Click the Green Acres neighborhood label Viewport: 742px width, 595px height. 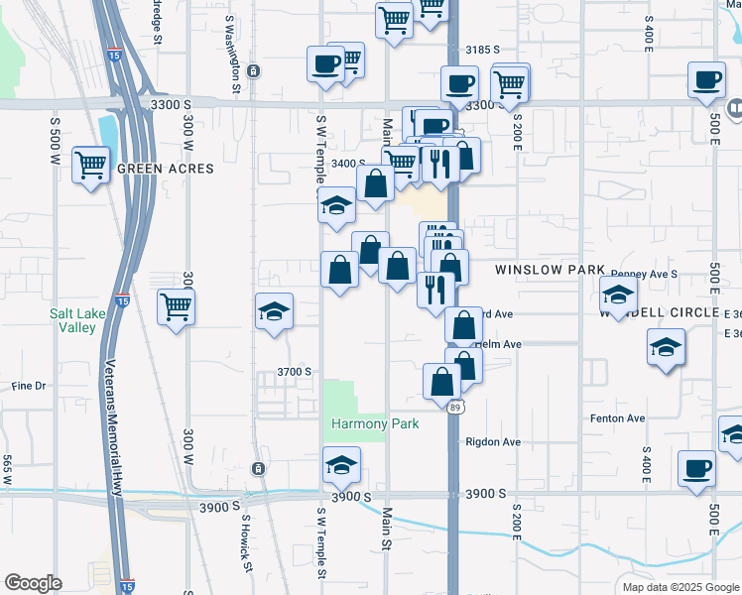pos(166,169)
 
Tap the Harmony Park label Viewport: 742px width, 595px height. pos(375,423)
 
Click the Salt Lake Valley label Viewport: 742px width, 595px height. pos(73,320)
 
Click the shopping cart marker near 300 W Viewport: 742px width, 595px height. pos(176,307)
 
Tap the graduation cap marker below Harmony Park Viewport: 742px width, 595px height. pos(341,465)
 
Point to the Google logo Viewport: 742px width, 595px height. pos(33,583)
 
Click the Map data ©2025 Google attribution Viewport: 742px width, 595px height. pos(680,587)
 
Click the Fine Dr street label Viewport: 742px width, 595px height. pos(29,386)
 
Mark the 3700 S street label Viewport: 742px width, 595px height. pos(295,372)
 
